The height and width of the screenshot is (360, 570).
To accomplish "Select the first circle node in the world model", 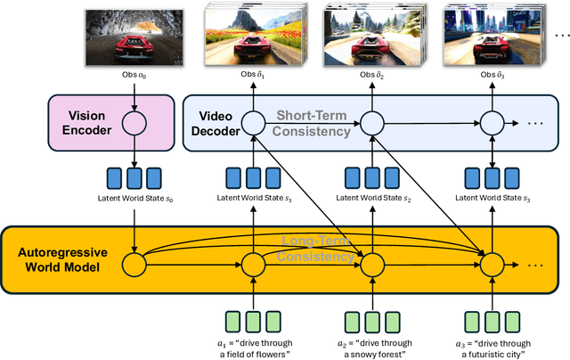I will click(134, 264).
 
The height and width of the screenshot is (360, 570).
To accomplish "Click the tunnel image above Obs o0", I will click(134, 38).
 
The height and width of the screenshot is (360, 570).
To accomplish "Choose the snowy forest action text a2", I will click(370, 348).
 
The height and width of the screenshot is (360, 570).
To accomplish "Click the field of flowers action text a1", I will click(252, 348).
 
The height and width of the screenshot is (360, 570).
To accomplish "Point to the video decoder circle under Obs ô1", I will click(253, 122).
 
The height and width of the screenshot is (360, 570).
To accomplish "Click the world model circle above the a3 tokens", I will click(490, 264).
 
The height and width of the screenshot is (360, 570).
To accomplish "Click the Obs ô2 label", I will click(370, 78).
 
